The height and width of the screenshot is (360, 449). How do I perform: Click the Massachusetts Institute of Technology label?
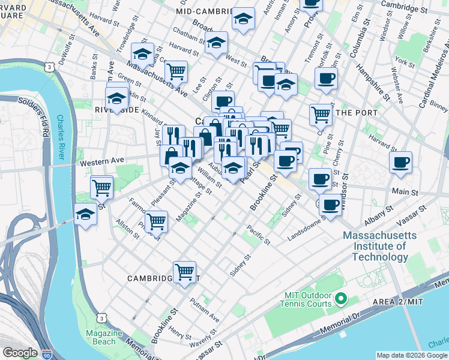coord(375,246)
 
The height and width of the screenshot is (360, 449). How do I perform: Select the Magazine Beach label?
coord(100,338)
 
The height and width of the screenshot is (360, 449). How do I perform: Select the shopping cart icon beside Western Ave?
coord(102,187)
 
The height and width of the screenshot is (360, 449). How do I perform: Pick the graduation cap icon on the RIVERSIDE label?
coord(117,98)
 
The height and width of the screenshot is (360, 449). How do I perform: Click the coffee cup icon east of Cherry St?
coord(400,161)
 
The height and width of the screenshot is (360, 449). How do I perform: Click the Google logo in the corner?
coord(19,353)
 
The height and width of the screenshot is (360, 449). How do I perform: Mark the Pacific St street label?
coord(259,234)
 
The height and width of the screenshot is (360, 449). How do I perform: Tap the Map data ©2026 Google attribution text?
coord(411,355)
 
